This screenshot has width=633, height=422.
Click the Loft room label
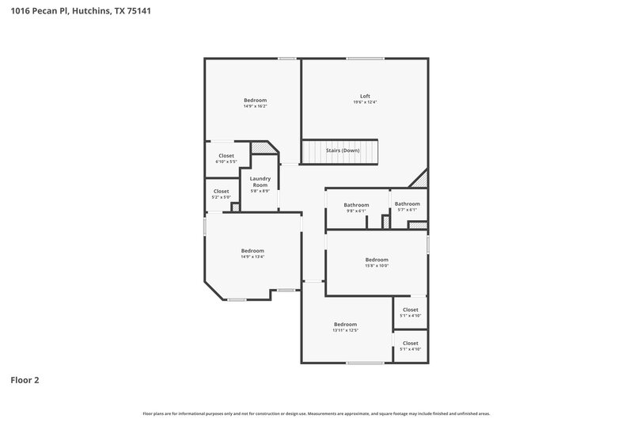coord(365,96)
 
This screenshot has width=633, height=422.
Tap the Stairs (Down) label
coord(343,150)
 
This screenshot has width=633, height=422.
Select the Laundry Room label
coord(260,181)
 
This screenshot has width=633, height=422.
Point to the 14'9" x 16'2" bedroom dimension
coord(255,106)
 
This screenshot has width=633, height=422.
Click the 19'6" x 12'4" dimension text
coord(365,102)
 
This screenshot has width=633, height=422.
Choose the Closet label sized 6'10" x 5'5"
coord(226,156)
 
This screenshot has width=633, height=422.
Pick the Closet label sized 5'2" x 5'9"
coord(222,191)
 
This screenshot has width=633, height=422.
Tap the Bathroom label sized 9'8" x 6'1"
coord(356,205)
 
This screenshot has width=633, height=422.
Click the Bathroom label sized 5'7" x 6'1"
coord(407,203)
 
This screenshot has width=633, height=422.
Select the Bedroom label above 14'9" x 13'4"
coord(252,250)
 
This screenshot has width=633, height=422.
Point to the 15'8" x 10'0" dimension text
coord(377,266)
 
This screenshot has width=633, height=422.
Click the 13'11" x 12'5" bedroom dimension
coord(345,330)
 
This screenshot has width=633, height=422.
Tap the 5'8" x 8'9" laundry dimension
coord(260,191)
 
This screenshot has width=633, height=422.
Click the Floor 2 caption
coord(25,380)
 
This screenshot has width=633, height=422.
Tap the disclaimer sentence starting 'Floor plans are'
coord(316,413)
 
